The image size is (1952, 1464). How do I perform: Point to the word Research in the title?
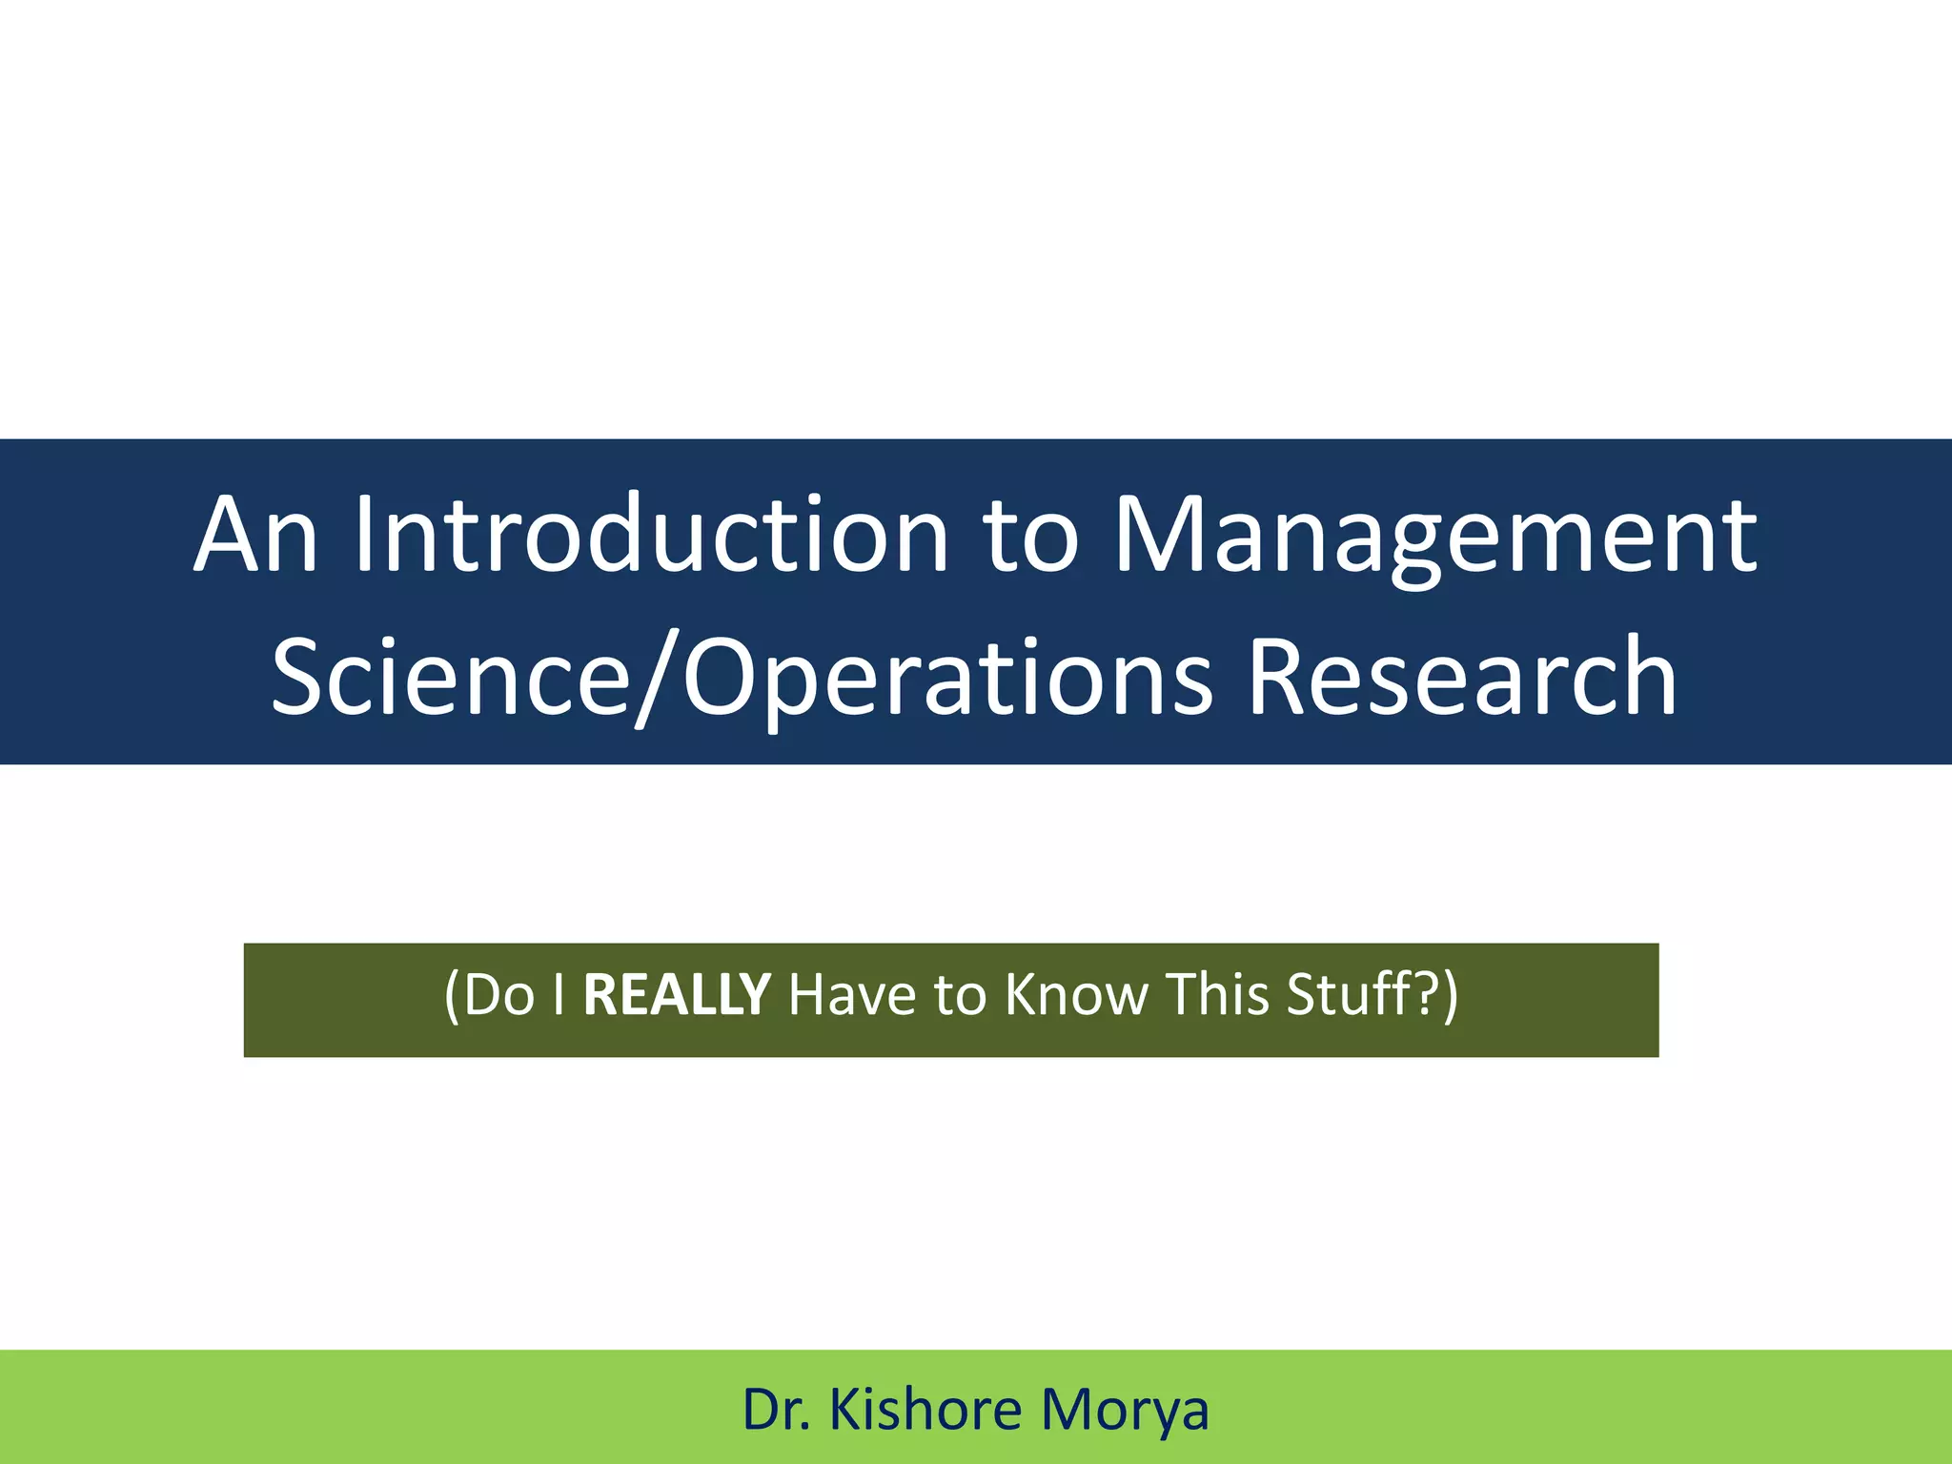pos(1462,677)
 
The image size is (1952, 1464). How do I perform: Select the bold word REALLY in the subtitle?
pos(676,994)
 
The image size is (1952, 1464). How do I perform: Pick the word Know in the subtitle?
pos(1077,994)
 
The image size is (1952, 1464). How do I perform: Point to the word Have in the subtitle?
pos(852,994)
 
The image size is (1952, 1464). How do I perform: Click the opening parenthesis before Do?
pos(452,996)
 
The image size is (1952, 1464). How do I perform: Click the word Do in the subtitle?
pos(499,994)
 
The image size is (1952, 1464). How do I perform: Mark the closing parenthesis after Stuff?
pos(1449,996)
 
